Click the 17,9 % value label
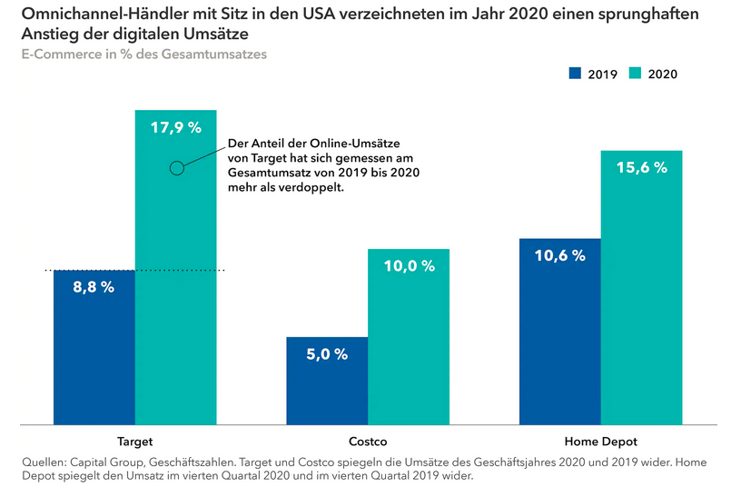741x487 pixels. click(176, 128)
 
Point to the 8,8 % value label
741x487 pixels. click(94, 287)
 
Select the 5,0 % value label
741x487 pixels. click(327, 354)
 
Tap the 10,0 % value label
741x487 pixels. click(409, 266)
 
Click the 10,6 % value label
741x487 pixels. click(560, 256)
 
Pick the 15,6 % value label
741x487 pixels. click(641, 168)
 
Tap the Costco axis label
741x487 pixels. click(368, 442)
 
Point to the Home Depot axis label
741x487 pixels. click(600, 442)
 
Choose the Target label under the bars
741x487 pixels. click(135, 442)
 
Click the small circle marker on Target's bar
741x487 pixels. click(177, 167)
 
